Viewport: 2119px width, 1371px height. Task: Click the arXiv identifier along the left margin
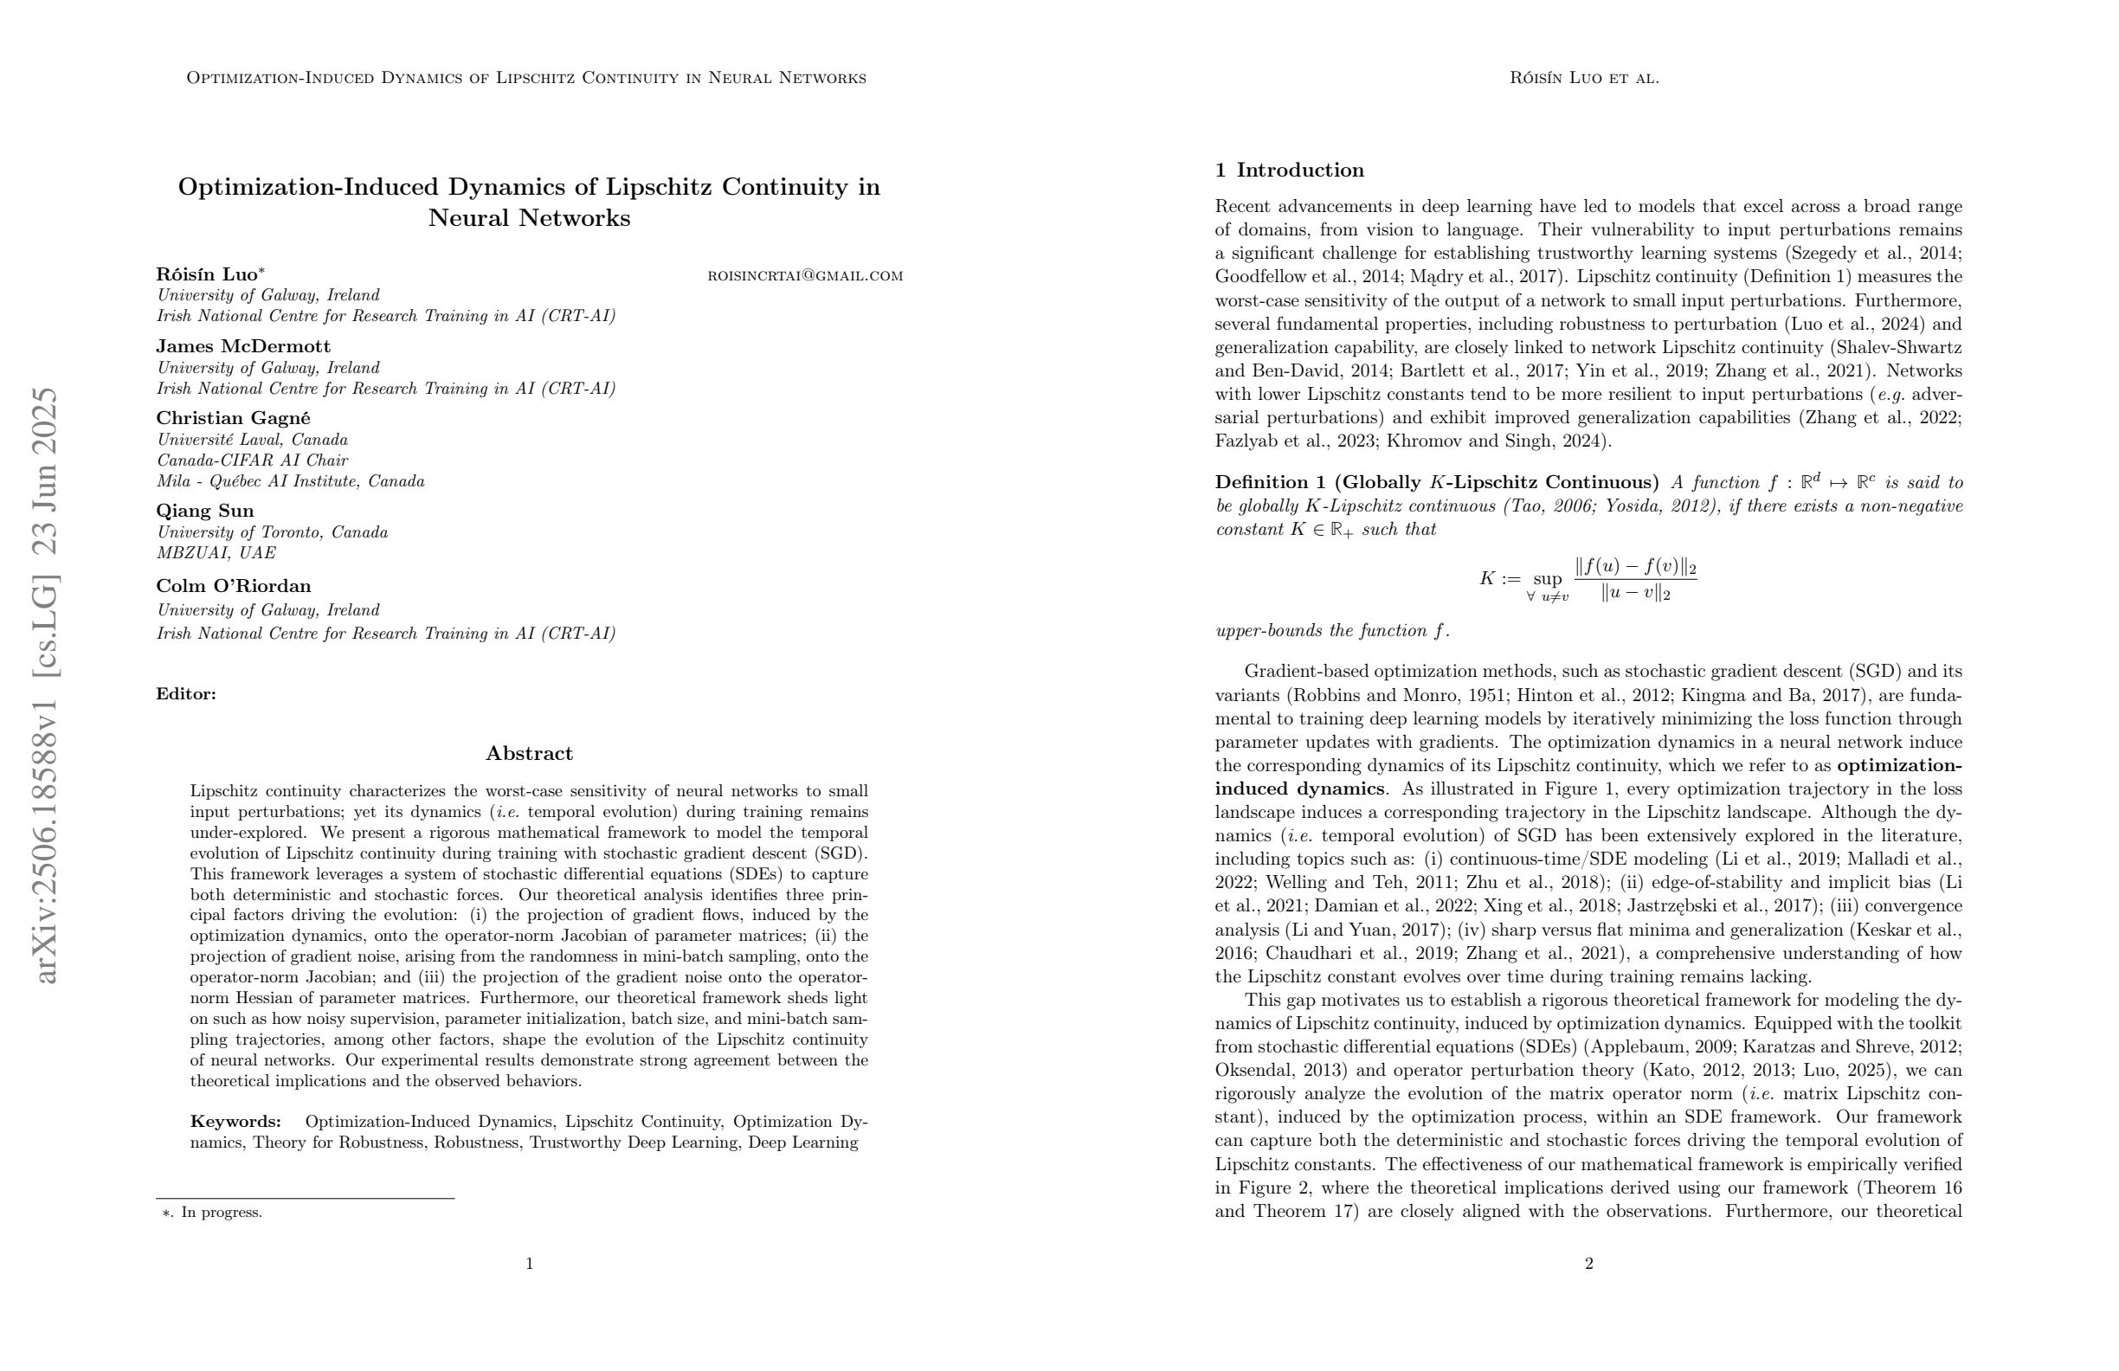(44, 685)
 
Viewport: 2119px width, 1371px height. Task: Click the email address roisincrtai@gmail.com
(805, 276)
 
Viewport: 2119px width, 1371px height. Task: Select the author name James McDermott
(243, 346)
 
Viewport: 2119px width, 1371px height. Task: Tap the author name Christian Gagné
(233, 417)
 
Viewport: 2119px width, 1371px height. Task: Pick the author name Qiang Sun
(205, 511)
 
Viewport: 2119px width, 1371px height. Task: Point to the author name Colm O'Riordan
(233, 586)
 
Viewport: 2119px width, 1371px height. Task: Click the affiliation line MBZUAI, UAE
(216, 553)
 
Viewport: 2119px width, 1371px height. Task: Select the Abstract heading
(529, 753)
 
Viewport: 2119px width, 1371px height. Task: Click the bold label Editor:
(186, 694)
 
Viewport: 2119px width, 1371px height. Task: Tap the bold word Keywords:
(235, 1122)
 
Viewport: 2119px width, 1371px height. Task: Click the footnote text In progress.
(221, 1213)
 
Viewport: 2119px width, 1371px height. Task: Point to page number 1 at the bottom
(529, 1264)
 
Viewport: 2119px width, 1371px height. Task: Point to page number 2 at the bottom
(1588, 1264)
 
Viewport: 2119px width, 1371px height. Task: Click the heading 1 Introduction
(1289, 170)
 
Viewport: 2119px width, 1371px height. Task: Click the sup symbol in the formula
(1548, 579)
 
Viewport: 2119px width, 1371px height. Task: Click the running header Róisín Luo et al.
(1584, 79)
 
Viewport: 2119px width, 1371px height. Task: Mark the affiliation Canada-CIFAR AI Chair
(252, 460)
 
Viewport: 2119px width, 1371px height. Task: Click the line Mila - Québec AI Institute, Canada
(290, 481)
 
